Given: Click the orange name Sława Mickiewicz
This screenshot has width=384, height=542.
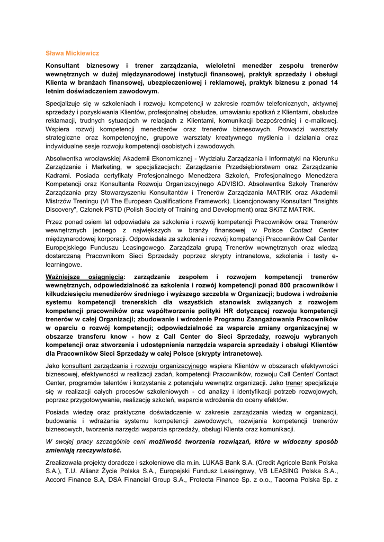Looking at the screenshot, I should pos(72,53).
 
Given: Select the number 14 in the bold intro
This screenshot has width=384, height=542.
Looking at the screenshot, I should pos(334,83).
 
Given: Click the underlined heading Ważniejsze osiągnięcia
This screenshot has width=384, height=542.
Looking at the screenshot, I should pos(84,277).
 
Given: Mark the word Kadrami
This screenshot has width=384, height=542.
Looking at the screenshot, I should pos(58,176).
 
